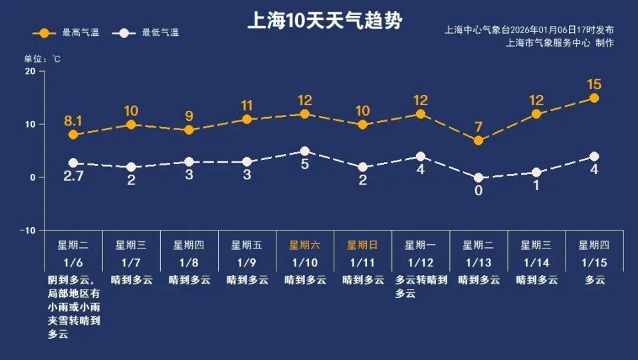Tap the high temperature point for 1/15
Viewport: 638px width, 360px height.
(x=594, y=98)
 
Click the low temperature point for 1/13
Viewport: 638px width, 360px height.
(x=478, y=177)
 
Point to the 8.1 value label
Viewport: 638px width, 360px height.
(x=73, y=121)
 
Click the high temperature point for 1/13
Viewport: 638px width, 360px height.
(x=478, y=140)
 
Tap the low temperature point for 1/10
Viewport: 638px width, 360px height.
(x=304, y=151)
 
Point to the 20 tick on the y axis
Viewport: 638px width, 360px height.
(x=30, y=71)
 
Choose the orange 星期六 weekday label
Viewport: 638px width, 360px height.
(x=304, y=244)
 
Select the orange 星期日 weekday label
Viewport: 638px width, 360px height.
(x=363, y=244)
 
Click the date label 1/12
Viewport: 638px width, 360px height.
(x=421, y=262)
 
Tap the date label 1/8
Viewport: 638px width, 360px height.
(x=189, y=262)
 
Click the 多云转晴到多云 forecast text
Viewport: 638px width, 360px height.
(x=421, y=286)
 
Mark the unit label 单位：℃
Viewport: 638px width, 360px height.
(x=43, y=59)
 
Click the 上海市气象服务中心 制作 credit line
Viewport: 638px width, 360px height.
(x=559, y=43)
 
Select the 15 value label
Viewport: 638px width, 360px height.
(x=594, y=84)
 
